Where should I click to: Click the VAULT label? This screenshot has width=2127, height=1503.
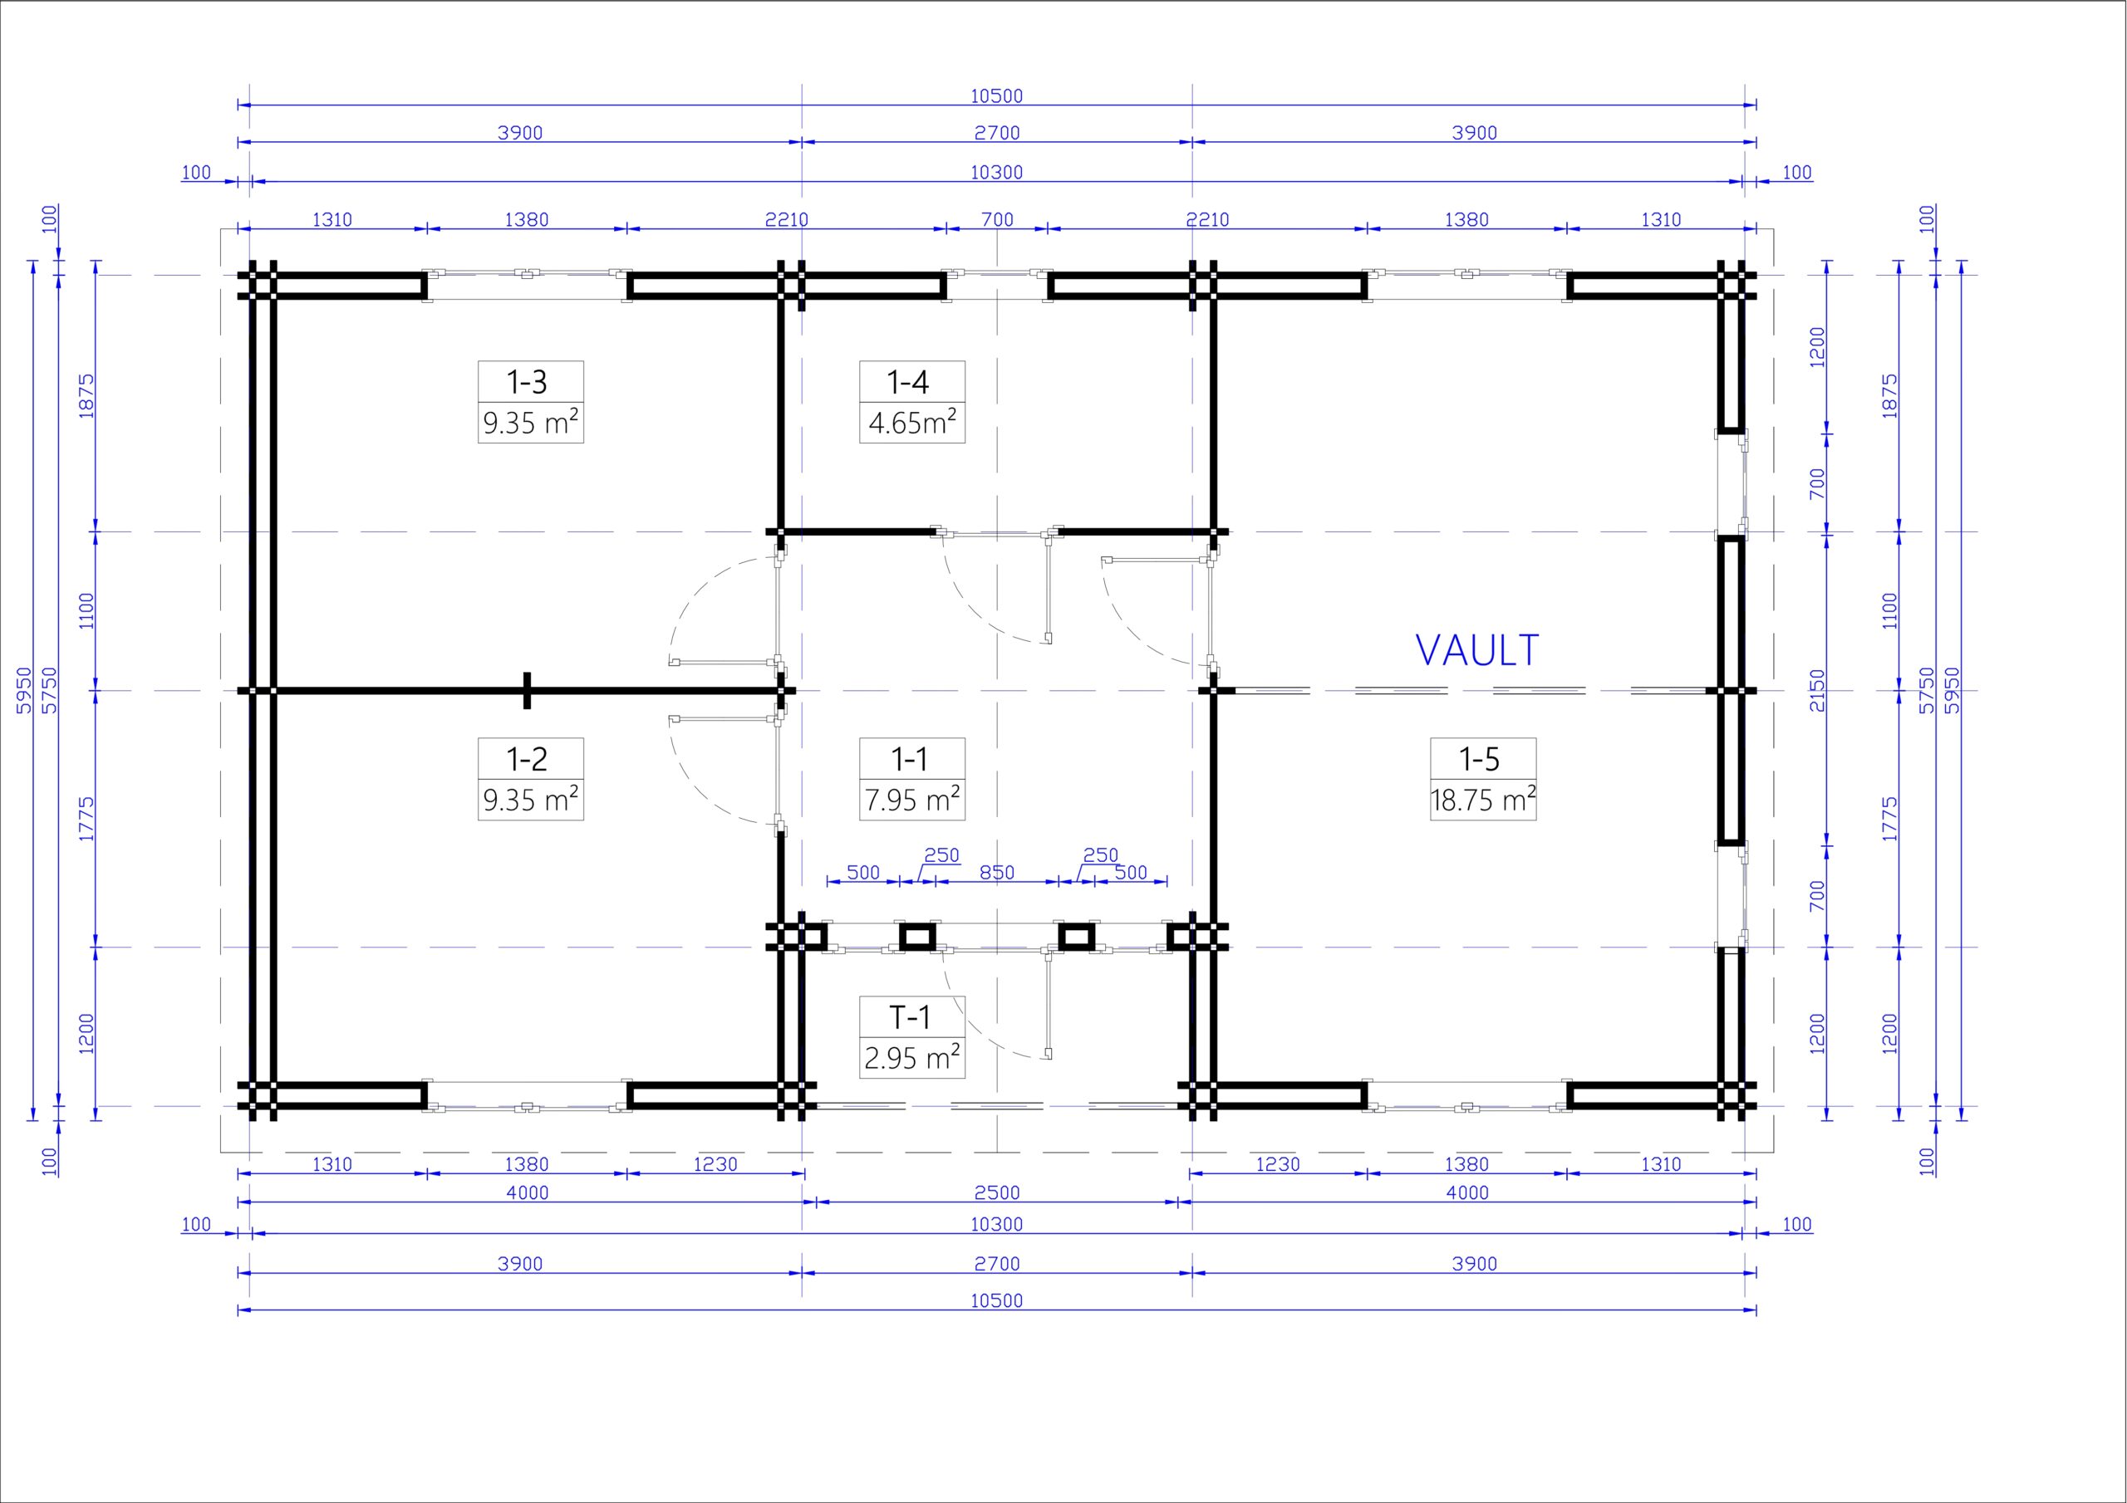pos(1477,650)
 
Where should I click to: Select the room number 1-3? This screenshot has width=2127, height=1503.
pos(527,381)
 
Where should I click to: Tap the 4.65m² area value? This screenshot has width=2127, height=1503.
pos(912,423)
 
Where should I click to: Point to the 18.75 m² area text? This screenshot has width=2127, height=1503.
pos(1483,799)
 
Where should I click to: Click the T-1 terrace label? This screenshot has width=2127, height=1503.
pos(910,1018)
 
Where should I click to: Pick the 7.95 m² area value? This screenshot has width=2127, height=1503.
pos(912,799)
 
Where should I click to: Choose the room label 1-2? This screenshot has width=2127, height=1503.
pos(527,759)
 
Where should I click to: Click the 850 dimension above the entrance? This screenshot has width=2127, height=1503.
pos(997,873)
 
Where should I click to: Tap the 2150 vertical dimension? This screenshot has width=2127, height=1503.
pos(1816,690)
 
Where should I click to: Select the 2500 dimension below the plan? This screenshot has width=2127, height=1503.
pos(997,1192)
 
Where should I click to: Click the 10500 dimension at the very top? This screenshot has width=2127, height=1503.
pos(997,96)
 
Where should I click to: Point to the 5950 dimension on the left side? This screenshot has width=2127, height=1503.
pos(25,690)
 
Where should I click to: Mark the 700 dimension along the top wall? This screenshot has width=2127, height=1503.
pos(997,219)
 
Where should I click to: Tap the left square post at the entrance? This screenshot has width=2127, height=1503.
pos(918,936)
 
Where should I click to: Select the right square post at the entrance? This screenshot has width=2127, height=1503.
pos(1075,936)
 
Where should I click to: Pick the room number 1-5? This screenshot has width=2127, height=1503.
pos(1480,759)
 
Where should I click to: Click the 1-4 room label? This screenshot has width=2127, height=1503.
pos(908,381)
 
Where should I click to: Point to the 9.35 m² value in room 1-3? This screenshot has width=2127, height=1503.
pos(531,423)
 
